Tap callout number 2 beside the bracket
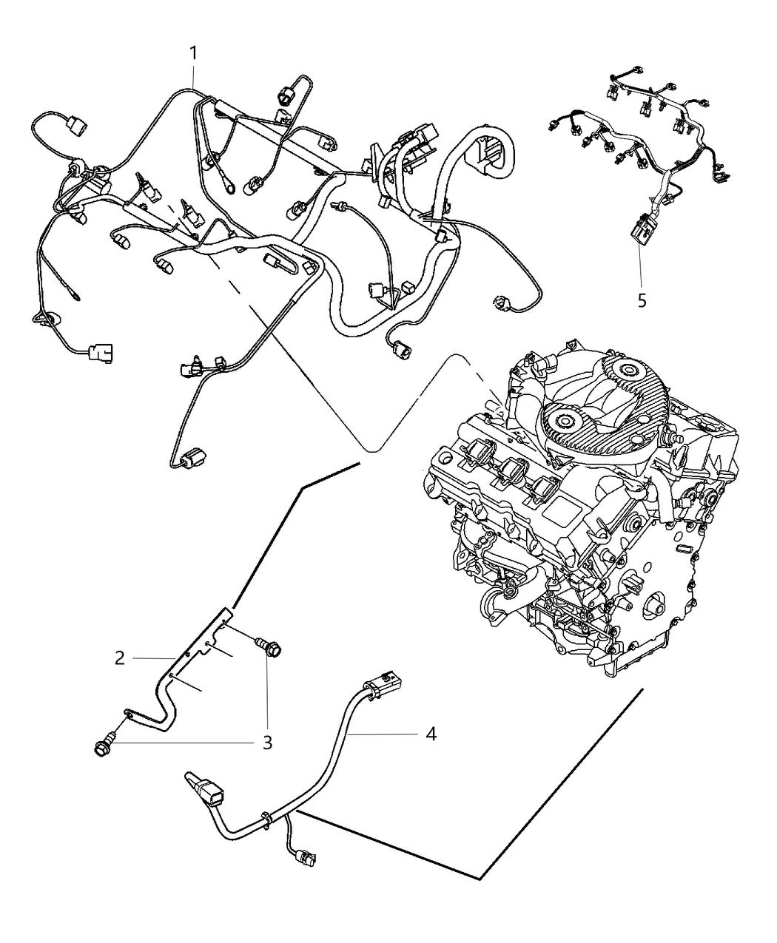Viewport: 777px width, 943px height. pyautogui.click(x=119, y=657)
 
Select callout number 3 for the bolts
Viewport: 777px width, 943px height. pyautogui.click(x=267, y=742)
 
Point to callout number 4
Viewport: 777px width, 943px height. pyautogui.click(x=431, y=734)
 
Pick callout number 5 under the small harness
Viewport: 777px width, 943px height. pyautogui.click(x=642, y=300)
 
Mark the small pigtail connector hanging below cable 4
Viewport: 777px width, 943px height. pyautogui.click(x=306, y=857)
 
